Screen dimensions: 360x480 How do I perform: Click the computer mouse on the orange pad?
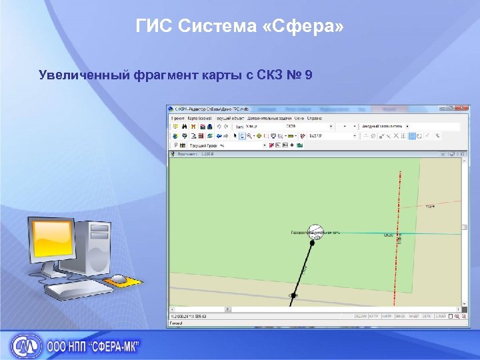click(x=119, y=278)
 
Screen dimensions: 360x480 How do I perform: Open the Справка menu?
click(x=315, y=117)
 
